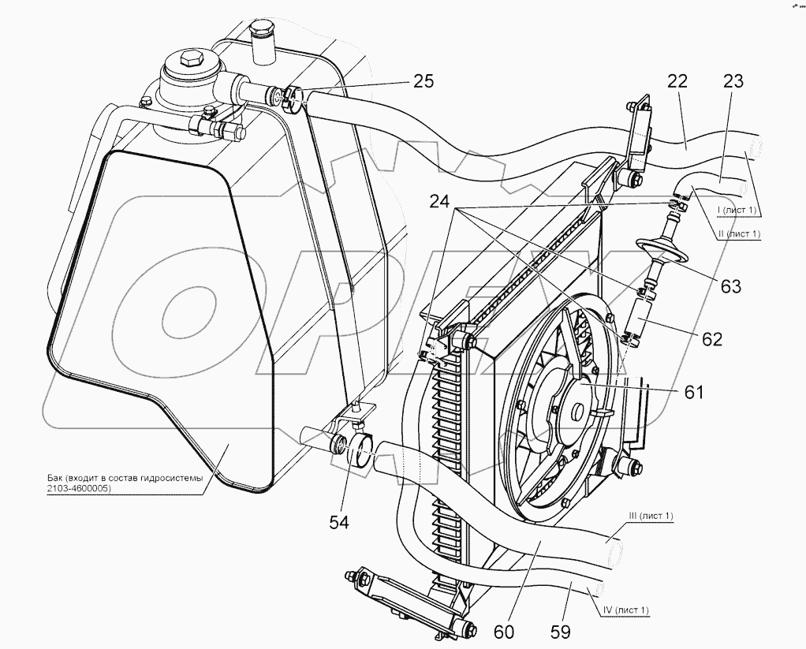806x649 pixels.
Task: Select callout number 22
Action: point(677,81)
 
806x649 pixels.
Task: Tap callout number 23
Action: point(733,81)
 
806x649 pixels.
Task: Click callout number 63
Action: point(731,286)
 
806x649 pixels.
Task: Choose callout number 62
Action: point(711,340)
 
